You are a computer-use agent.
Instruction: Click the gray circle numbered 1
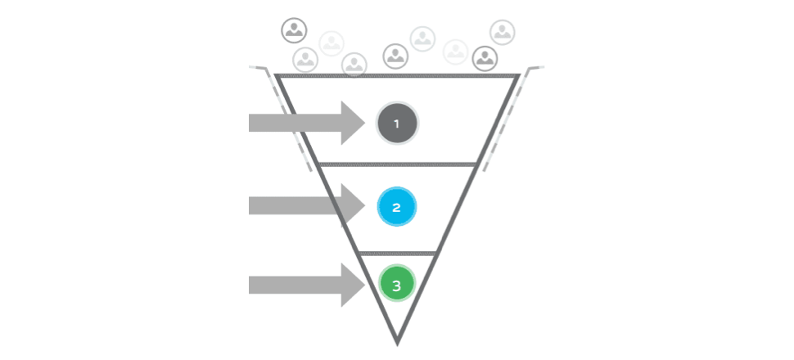click(x=397, y=123)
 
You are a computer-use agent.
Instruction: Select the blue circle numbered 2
click(x=396, y=206)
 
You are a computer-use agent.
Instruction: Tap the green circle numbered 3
click(x=397, y=285)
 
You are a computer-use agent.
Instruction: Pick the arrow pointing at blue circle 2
click(x=307, y=205)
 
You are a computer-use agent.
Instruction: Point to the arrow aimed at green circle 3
click(x=307, y=285)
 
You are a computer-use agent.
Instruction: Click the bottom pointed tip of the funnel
click(x=397, y=345)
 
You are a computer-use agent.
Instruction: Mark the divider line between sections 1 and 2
click(x=398, y=164)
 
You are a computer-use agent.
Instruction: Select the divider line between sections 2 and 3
click(x=398, y=253)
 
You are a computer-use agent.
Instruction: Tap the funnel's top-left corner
click(x=276, y=75)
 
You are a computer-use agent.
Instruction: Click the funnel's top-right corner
click(x=519, y=75)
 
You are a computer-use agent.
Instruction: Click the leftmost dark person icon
click(x=294, y=30)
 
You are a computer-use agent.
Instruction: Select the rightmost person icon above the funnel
click(x=503, y=33)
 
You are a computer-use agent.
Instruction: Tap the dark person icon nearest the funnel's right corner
click(x=485, y=59)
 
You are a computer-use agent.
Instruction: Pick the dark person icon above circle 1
click(x=395, y=56)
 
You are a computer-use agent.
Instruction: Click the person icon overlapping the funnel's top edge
click(x=354, y=65)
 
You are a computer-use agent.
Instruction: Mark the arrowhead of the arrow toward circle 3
click(x=354, y=285)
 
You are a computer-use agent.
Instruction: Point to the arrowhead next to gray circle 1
click(x=354, y=123)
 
